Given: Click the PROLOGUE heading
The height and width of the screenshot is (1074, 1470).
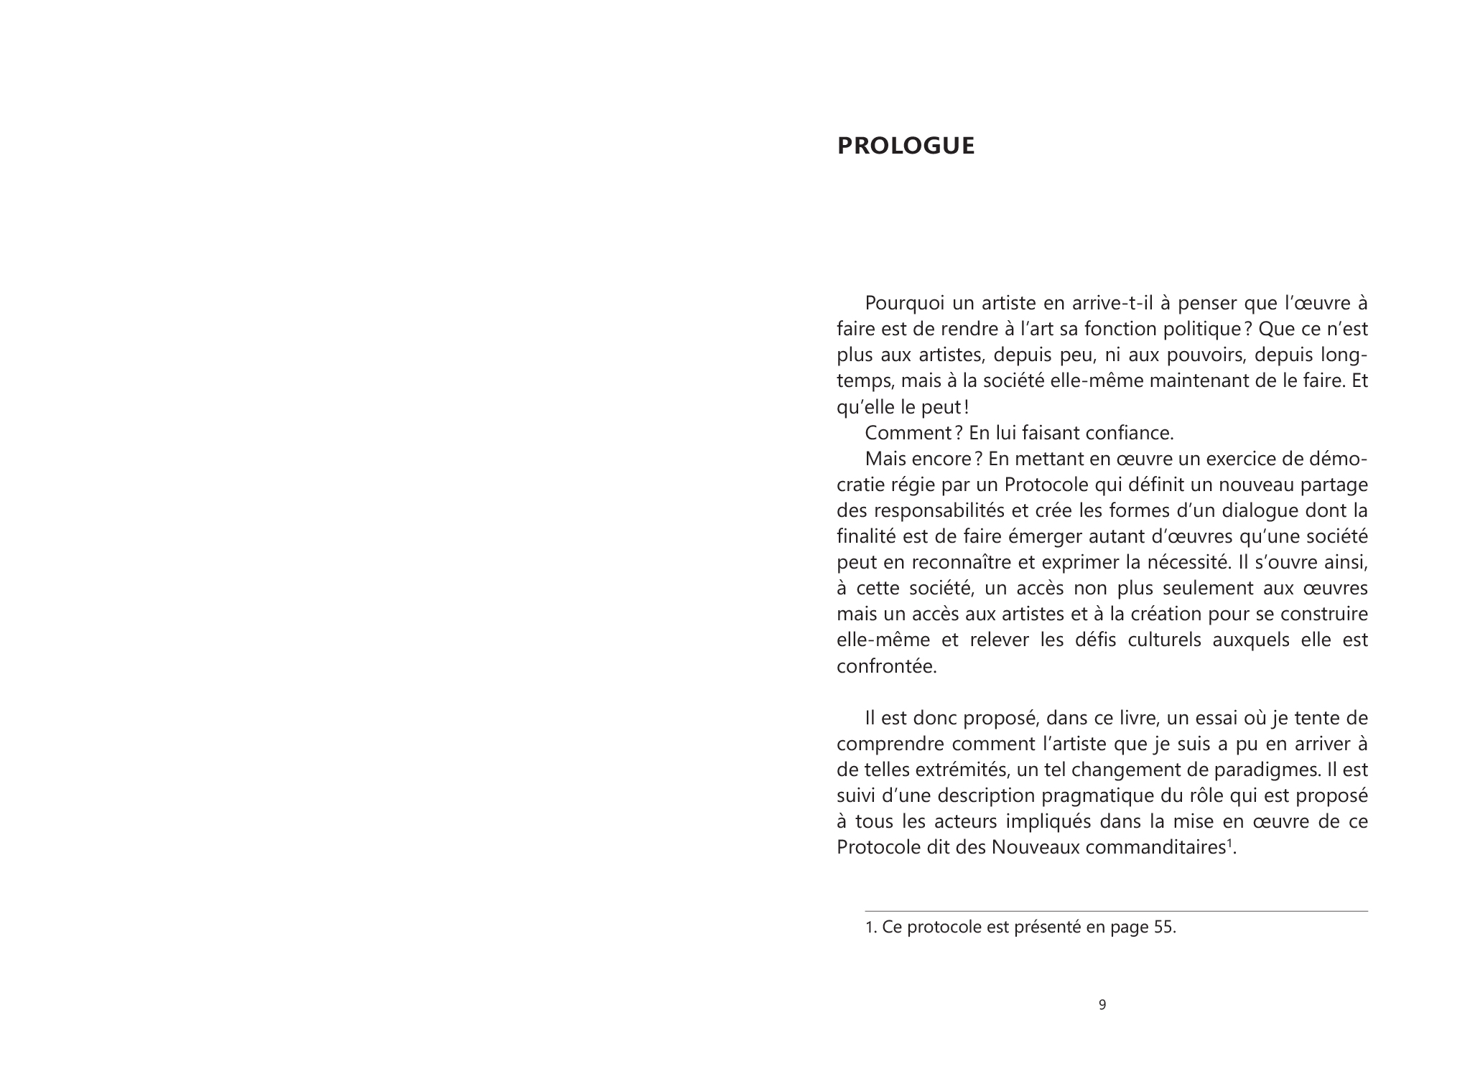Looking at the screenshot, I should tap(906, 146).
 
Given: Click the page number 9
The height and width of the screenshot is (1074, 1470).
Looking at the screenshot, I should tap(1102, 1005).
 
